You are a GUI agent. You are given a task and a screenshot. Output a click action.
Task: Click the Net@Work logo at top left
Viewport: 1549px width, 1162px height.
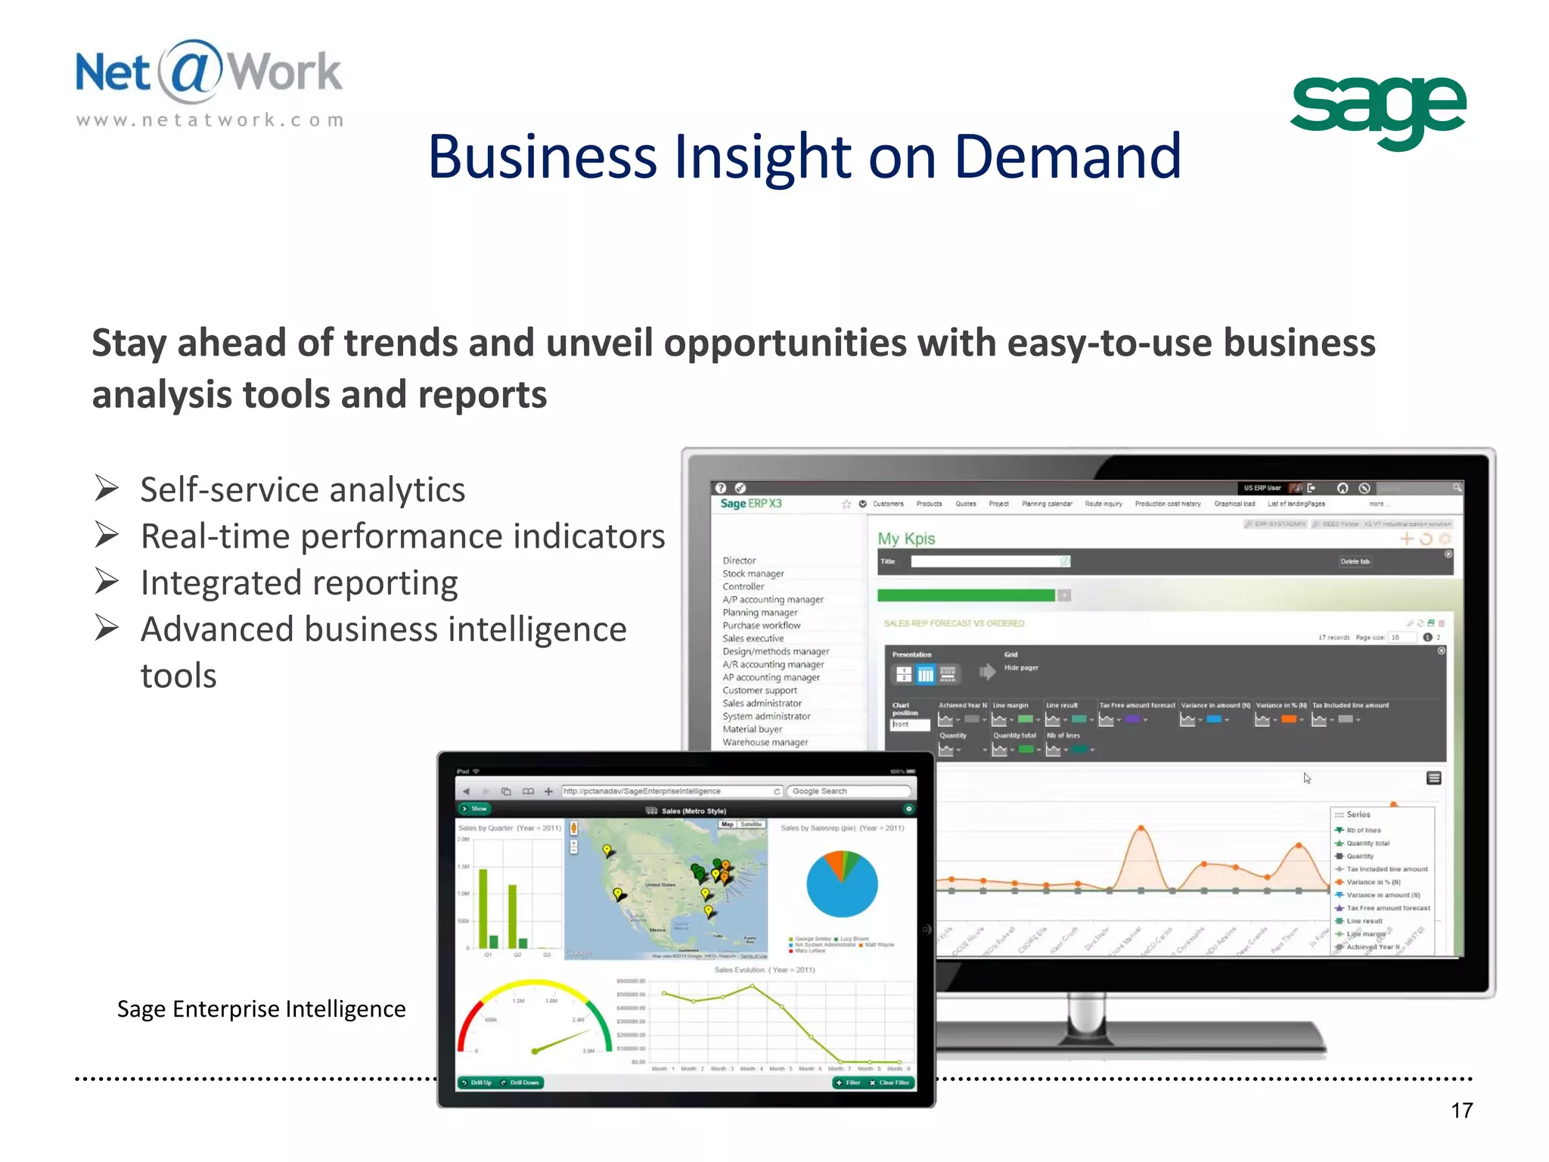click(209, 73)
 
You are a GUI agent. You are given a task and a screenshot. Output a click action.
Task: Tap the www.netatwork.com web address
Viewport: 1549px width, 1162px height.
click(210, 120)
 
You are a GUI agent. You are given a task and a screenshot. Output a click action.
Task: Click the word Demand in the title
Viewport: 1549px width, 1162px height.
click(1067, 157)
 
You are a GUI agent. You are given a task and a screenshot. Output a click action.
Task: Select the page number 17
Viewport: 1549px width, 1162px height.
click(1461, 1110)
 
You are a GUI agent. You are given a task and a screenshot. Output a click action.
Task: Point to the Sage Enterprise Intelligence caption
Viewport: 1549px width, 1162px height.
click(261, 1008)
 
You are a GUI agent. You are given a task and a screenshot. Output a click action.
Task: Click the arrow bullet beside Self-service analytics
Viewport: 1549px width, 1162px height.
click(107, 489)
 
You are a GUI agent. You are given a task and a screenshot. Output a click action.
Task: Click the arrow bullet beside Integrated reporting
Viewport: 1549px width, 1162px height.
click(107, 582)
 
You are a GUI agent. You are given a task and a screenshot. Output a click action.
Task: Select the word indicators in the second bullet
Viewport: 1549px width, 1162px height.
click(588, 536)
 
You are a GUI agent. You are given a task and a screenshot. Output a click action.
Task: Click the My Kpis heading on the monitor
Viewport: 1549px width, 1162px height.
click(906, 539)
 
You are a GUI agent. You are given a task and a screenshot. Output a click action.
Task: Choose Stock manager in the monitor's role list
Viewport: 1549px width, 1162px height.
click(753, 573)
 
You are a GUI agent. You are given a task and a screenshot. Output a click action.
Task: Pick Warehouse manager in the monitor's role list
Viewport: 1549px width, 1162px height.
click(765, 742)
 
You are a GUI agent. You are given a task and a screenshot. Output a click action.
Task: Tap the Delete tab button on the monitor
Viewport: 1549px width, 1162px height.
click(1355, 561)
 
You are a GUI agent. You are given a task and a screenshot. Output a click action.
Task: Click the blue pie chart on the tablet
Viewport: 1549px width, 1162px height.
click(842, 886)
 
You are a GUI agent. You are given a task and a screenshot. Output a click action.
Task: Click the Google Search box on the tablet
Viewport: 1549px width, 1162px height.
click(847, 791)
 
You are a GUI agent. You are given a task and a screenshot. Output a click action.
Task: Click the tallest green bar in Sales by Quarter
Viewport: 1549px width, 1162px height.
click(483, 908)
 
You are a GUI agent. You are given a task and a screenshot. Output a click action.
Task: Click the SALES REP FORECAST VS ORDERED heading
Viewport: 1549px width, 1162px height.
click(954, 623)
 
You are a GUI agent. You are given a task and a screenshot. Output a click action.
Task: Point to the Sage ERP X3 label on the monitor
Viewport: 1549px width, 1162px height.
click(750, 504)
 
